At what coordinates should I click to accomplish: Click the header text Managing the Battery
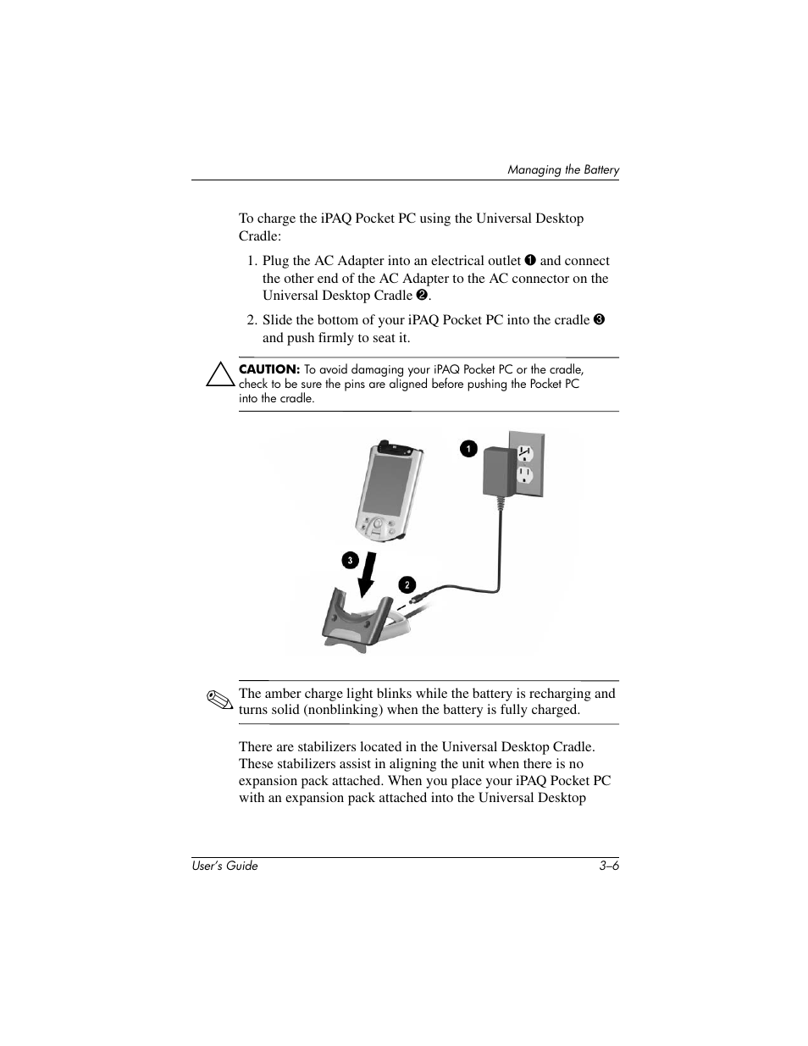coord(563,170)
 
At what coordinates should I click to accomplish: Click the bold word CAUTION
coord(269,369)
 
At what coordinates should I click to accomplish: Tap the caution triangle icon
coord(220,374)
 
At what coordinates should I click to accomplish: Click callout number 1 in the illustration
coord(468,449)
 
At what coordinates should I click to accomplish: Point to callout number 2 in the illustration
coord(407,585)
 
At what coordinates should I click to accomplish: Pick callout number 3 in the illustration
coord(348,560)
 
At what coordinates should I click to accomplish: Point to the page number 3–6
coord(609,866)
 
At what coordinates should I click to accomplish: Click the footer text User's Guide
coord(224,866)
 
